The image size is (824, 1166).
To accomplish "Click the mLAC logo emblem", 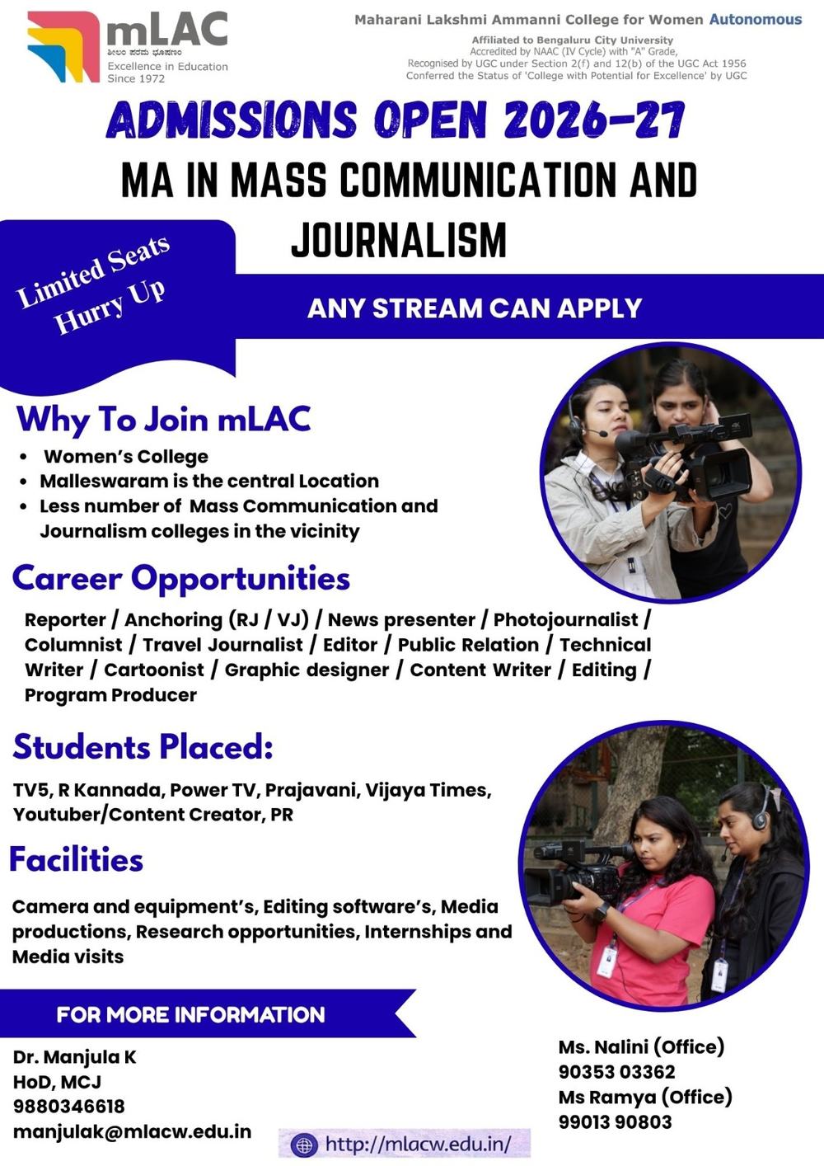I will [x=63, y=46].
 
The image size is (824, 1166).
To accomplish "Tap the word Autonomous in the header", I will [x=755, y=19].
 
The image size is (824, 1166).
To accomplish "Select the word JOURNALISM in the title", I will [x=399, y=240].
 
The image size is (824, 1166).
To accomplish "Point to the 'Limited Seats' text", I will [x=93, y=270].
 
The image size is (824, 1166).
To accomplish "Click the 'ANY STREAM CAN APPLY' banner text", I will [x=474, y=308].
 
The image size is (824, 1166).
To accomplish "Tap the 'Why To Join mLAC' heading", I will [x=163, y=419].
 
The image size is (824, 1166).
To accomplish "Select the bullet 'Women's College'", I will [x=125, y=457].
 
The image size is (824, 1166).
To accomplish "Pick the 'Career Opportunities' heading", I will [x=180, y=578].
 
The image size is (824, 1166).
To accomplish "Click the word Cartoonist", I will [x=153, y=670].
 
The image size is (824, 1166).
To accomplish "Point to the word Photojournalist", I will [x=565, y=619].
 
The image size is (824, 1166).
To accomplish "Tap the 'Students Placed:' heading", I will [x=143, y=746].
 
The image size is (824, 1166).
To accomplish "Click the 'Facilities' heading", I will [x=76, y=859].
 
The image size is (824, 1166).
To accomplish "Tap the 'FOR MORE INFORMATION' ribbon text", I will [x=190, y=1014].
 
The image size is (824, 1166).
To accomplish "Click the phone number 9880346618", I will [x=68, y=1106].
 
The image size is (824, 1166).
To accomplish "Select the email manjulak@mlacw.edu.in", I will [x=132, y=1131].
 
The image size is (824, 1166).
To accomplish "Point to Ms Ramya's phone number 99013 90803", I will [x=615, y=1121].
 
